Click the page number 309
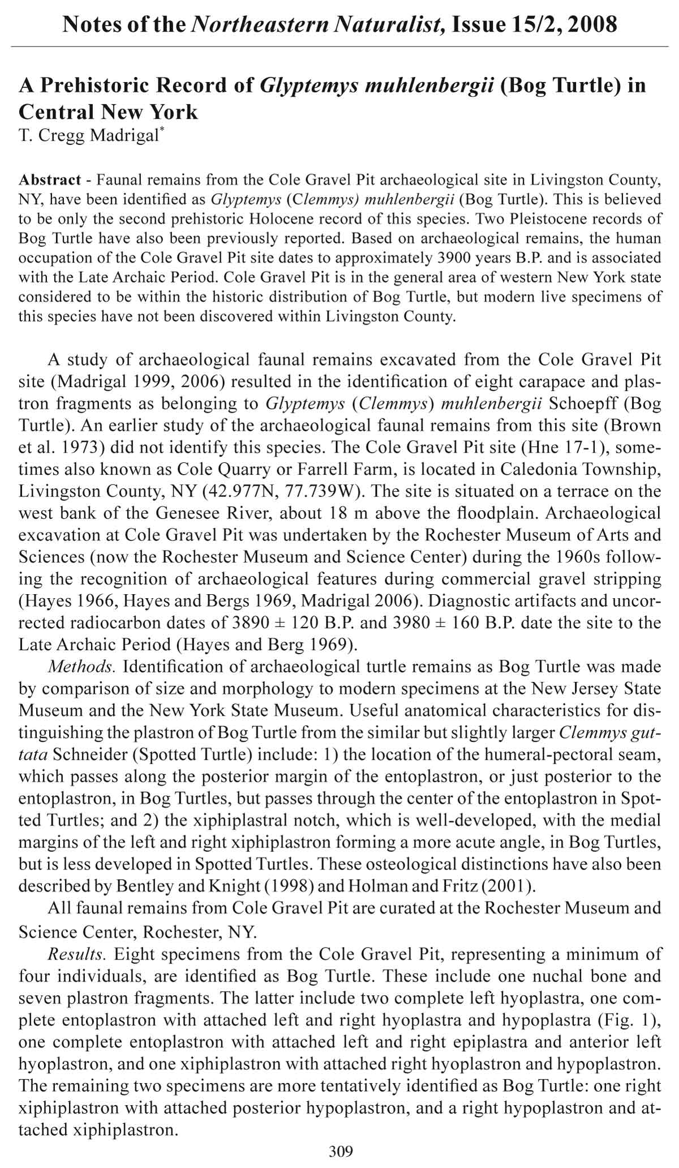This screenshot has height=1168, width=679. [341, 1150]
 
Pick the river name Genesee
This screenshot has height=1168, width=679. [186, 514]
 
